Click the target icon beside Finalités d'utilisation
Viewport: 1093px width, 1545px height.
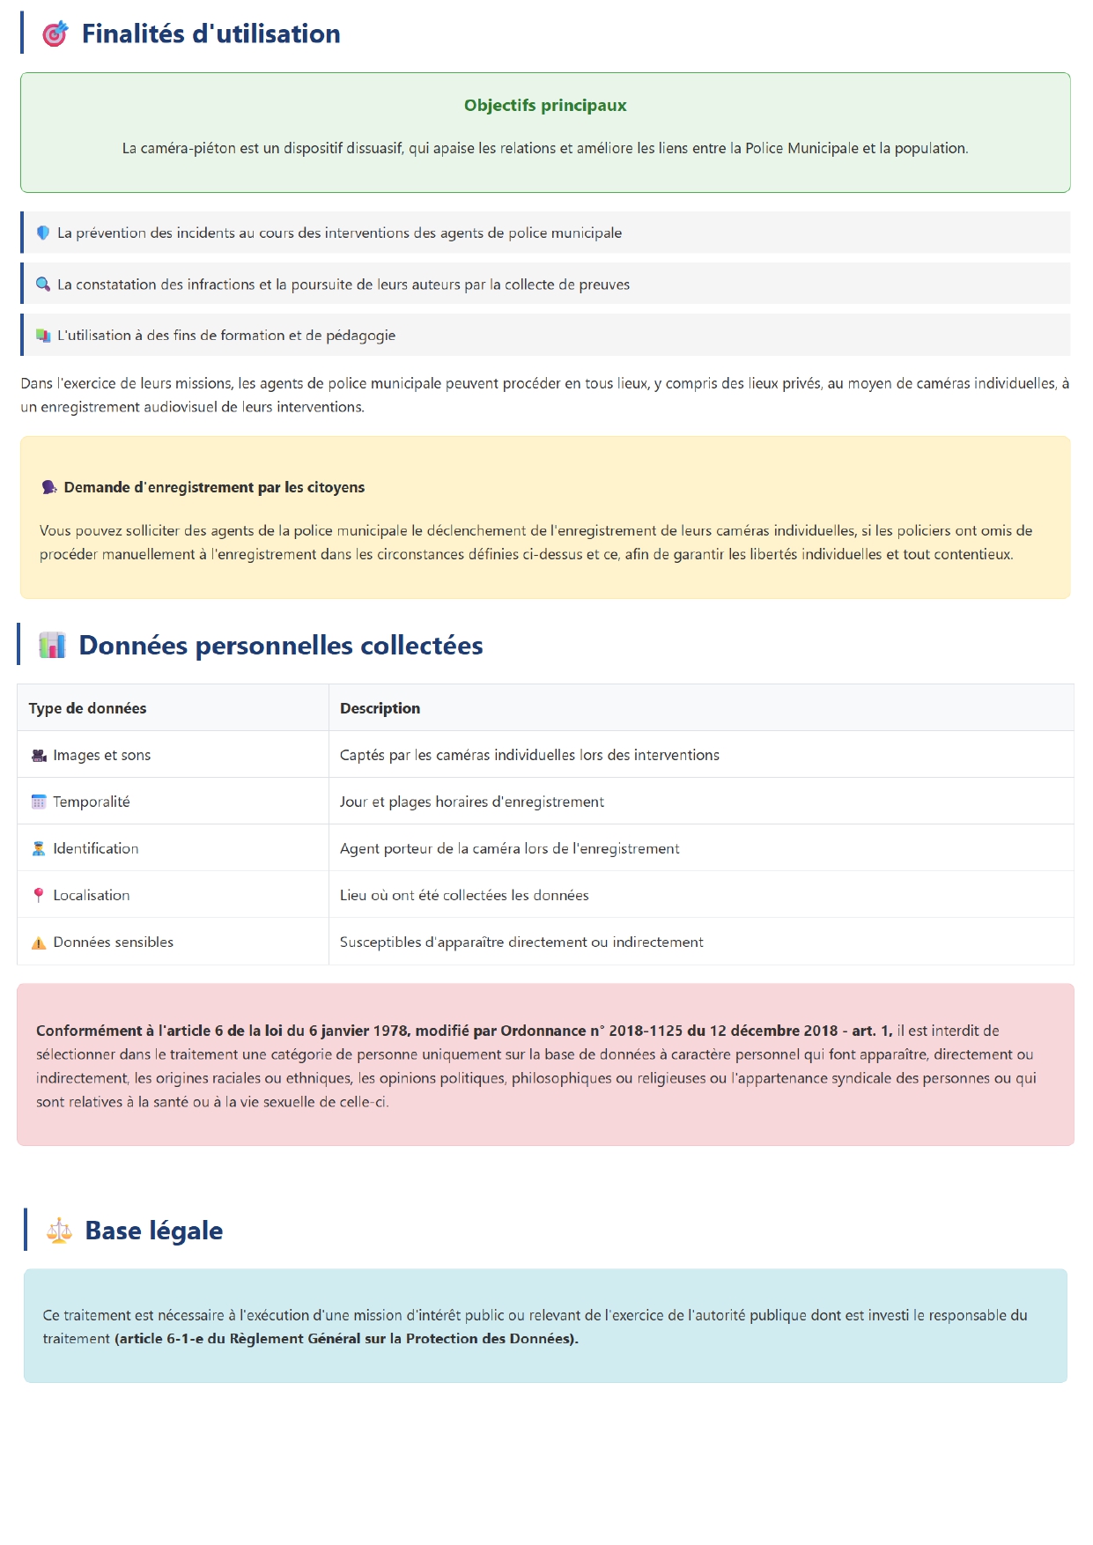pyautogui.click(x=55, y=33)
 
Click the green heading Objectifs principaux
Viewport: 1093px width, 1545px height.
pyautogui.click(x=545, y=106)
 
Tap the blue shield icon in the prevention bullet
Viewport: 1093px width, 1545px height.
pyautogui.click(x=42, y=233)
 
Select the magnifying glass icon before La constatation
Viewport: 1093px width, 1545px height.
pyautogui.click(x=42, y=284)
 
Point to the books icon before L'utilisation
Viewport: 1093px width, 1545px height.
pyautogui.click(x=42, y=335)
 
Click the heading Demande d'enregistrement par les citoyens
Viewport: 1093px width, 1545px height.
pyautogui.click(x=214, y=487)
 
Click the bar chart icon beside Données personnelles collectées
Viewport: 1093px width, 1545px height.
pyautogui.click(x=52, y=645)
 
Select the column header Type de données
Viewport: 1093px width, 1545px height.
pyautogui.click(x=87, y=708)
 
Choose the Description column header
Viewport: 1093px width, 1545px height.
pyautogui.click(x=380, y=708)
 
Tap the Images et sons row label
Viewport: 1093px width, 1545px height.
pyautogui.click(x=101, y=755)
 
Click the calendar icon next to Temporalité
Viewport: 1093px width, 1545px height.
pyautogui.click(x=39, y=802)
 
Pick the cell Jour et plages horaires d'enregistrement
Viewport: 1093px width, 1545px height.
pyautogui.click(x=472, y=802)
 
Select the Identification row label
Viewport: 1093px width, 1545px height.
pyautogui.click(x=95, y=848)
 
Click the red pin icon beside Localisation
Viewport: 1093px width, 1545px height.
pyautogui.click(x=39, y=895)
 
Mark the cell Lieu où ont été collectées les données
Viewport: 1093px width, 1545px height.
pyautogui.click(x=464, y=895)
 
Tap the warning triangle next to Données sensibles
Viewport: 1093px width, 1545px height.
pyautogui.click(x=39, y=943)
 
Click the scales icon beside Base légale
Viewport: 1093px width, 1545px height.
pyautogui.click(x=59, y=1230)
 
